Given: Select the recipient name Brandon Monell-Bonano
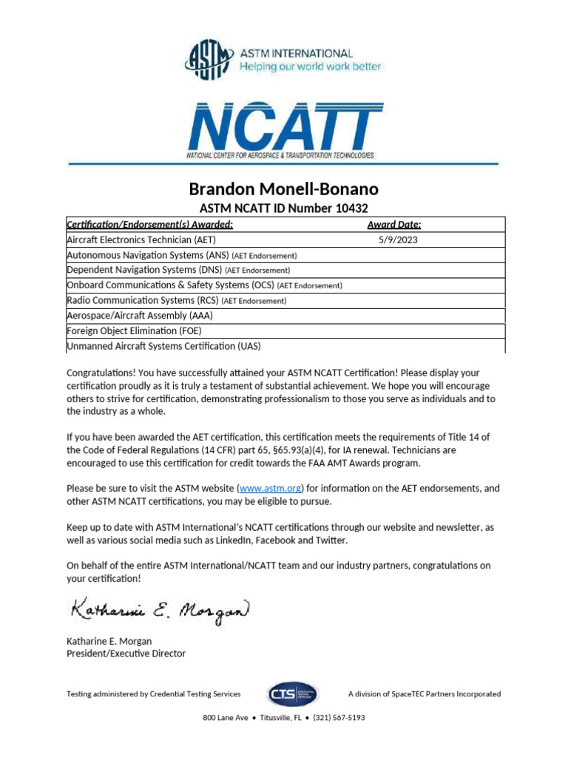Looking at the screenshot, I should tap(284, 190).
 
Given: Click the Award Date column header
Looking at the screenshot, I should tap(394, 225).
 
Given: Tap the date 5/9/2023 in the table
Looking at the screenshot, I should tap(398, 240).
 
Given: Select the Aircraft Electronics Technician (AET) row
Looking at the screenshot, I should tap(141, 240).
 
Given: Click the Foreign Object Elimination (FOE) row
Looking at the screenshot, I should tap(134, 330).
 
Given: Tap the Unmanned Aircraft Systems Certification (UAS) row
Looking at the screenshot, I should tap(163, 345).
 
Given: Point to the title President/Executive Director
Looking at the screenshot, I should tap(126, 654).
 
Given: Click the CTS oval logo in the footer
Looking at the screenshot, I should tap(294, 694).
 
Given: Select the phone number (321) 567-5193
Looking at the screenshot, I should tap(339, 718).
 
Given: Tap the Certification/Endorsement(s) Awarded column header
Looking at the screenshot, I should tap(150, 225).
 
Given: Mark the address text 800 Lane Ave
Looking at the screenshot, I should tap(226, 718).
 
